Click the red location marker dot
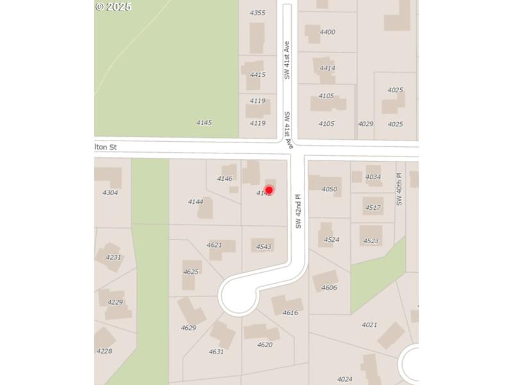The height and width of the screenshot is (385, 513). (x=269, y=190)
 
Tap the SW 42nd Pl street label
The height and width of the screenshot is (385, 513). (x=298, y=212)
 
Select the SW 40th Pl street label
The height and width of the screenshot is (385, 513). (x=399, y=189)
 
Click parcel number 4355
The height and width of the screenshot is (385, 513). (x=257, y=13)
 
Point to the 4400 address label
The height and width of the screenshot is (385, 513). (x=328, y=32)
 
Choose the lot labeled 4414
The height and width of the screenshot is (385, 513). (x=328, y=68)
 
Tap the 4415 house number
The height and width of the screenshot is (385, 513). (x=258, y=75)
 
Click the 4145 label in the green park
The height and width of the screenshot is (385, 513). (x=204, y=123)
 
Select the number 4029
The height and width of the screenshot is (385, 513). (x=366, y=124)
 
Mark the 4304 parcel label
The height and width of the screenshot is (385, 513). (x=110, y=193)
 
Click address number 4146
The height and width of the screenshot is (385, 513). (x=224, y=178)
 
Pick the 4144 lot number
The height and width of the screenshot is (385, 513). (x=196, y=201)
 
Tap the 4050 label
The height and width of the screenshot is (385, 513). (x=330, y=189)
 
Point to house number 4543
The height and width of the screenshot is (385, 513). (x=264, y=247)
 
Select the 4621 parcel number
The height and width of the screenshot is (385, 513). (x=214, y=245)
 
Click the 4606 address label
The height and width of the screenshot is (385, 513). (x=329, y=288)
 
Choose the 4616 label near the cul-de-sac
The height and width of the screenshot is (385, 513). (x=290, y=313)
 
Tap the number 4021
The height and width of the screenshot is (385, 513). (x=369, y=325)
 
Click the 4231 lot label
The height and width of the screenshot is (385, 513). (x=114, y=257)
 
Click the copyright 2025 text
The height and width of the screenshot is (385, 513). (x=114, y=6)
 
